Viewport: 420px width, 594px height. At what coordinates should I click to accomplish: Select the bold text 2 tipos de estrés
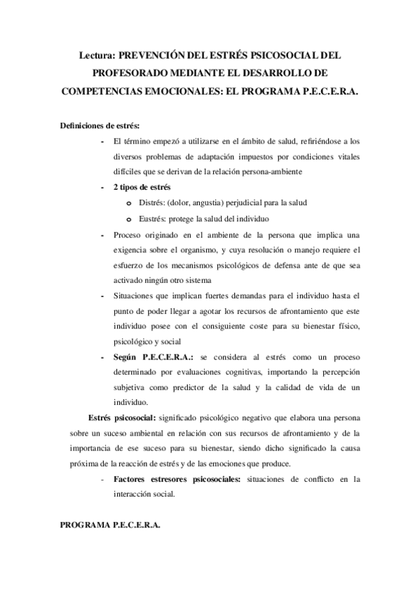click(x=146, y=188)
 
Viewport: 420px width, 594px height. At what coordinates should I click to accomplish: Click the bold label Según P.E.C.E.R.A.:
click(x=151, y=357)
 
